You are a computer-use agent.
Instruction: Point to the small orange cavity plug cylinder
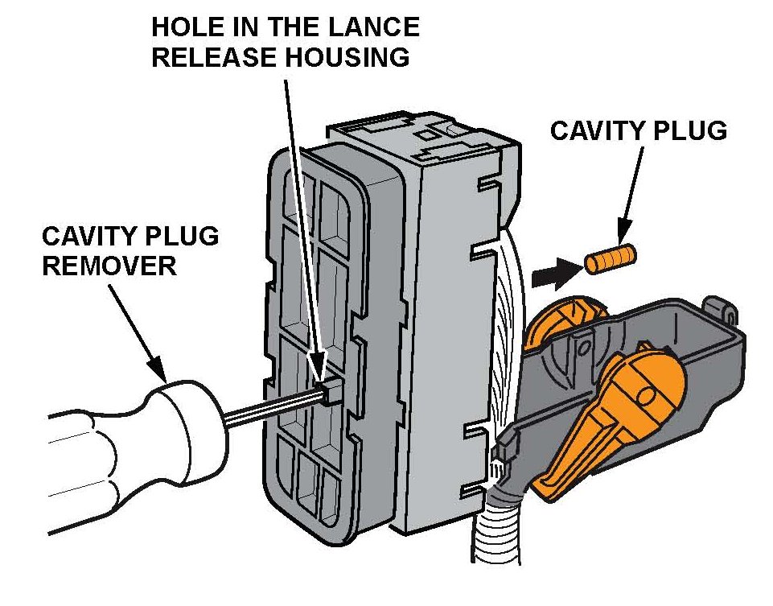[610, 261]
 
